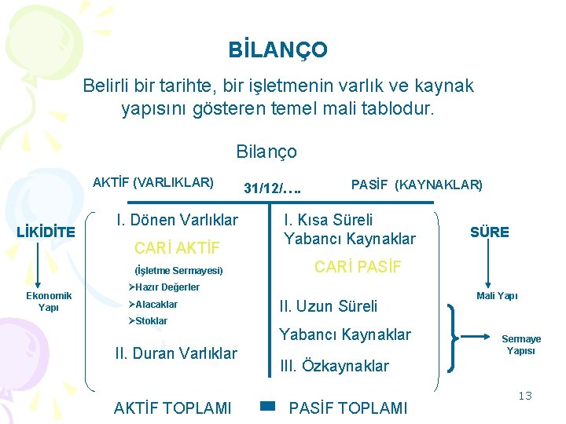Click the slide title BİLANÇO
coord(278,50)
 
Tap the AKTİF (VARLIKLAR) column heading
coord(153,183)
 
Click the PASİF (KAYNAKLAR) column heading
coord(417,185)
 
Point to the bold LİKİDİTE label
coord(46,232)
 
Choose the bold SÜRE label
coord(490,232)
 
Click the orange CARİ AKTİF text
coord(177,250)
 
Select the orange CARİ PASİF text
coord(358,267)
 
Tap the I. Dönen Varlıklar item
coord(177,220)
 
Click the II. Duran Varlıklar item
coord(175,353)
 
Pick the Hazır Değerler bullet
coord(164,287)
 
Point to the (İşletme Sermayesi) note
coord(174,271)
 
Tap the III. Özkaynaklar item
coord(334,366)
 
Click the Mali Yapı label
coord(497,296)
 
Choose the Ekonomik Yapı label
coord(49,301)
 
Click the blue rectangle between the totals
coord(267,407)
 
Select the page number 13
coord(524,396)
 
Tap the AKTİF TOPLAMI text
coord(173,408)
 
